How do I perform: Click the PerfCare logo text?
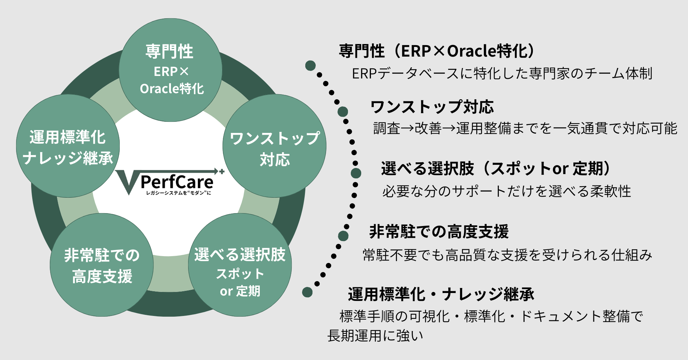click(177, 182)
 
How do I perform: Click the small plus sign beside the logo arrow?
click(222, 172)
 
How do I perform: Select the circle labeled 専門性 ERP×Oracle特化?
click(171, 70)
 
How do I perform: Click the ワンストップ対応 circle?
click(274, 146)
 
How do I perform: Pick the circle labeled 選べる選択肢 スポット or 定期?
click(240, 265)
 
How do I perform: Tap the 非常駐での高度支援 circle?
click(102, 265)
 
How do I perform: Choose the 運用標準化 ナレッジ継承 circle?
click(68, 146)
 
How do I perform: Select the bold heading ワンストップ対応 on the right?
click(432, 107)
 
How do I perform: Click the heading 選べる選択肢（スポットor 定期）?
click(496, 168)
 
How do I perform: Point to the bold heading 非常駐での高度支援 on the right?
click(439, 231)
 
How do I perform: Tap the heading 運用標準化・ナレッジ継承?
click(441, 294)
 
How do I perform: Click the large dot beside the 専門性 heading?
click(310, 66)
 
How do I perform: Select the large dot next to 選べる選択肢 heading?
click(356, 173)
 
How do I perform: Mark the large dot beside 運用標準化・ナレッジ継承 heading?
click(307, 292)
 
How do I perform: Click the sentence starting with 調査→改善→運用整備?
click(525, 128)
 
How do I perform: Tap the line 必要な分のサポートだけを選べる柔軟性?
click(506, 191)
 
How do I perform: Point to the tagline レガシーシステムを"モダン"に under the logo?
click(178, 193)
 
